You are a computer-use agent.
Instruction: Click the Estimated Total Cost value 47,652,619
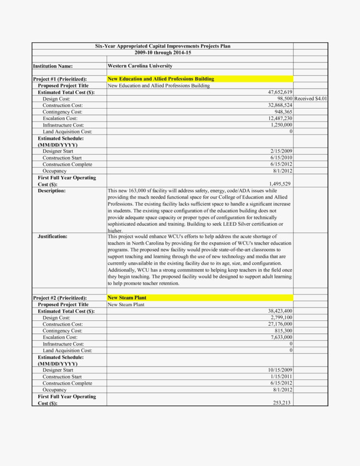[280, 92]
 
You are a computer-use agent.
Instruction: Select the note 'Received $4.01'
[311, 98]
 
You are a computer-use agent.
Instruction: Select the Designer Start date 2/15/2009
[281, 151]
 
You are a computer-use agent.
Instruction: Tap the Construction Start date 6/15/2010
[281, 158]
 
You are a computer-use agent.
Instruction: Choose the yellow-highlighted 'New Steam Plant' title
[126, 298]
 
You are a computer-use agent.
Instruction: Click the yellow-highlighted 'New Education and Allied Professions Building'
[161, 79]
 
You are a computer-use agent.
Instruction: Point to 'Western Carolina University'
[140, 66]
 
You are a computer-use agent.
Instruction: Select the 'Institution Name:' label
[53, 66]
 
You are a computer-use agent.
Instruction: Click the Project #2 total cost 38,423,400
[280, 311]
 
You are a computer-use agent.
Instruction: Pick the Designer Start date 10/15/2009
[280, 370]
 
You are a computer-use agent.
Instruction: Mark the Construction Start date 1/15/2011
[281, 377]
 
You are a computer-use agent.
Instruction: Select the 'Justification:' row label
[52, 236]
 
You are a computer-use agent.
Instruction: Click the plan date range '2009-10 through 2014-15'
[163, 52]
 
